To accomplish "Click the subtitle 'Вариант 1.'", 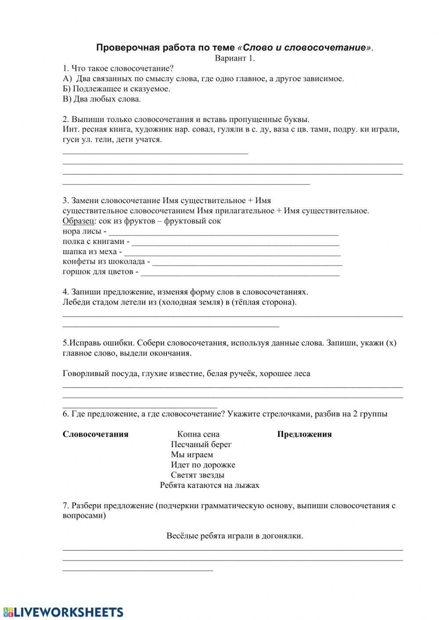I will click(234, 58).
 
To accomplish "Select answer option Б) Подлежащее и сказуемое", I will click(116, 89).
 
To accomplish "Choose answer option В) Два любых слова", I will click(102, 99).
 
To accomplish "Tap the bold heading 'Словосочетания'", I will click(95, 434).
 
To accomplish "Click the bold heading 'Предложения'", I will click(304, 434).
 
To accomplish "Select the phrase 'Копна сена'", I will click(198, 434).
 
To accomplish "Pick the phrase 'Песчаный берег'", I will click(201, 444).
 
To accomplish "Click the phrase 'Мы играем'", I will click(192, 455).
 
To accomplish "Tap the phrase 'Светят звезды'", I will click(198, 475).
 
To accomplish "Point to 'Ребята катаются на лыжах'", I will click(209, 485).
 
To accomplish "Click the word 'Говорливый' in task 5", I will click(84, 373).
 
